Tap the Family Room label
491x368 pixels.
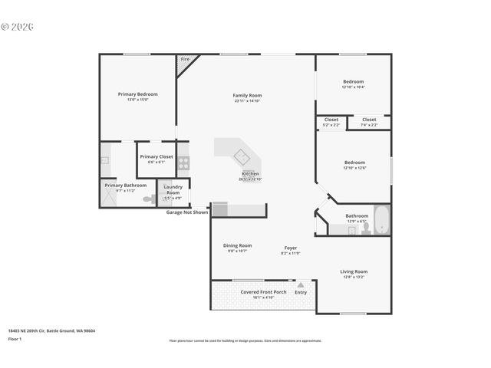(x=247, y=95)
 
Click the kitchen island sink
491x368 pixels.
(x=242, y=156)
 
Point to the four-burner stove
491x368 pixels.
(x=183, y=163)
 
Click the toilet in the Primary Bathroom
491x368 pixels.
(x=150, y=199)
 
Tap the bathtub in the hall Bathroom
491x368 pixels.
(x=381, y=220)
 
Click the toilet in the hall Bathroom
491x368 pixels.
(x=365, y=228)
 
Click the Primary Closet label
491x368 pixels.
(x=157, y=156)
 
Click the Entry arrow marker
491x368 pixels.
(x=301, y=284)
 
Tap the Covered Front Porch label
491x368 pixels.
(x=263, y=291)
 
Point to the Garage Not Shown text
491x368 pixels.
(x=187, y=212)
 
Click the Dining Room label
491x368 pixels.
(x=237, y=245)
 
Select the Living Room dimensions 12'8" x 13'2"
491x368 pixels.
(x=354, y=277)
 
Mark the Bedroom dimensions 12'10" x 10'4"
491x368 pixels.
(x=354, y=87)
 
